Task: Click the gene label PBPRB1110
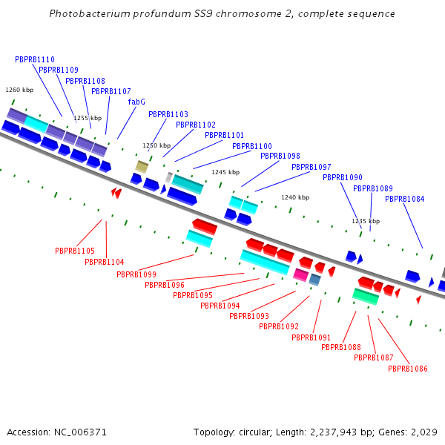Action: pyautogui.click(x=35, y=59)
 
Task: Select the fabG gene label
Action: pyautogui.click(x=136, y=102)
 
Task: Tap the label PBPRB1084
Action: pyautogui.click(x=405, y=199)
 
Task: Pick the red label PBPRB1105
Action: pyautogui.click(x=75, y=251)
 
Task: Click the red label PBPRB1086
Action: pyautogui.click(x=408, y=369)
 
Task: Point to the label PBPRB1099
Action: pyautogui.click(x=136, y=274)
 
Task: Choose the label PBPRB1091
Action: pyautogui.click(x=311, y=337)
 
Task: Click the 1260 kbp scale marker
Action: pyautogui.click(x=19, y=90)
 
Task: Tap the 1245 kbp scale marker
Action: pyautogui.click(x=225, y=172)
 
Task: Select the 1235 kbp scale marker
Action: pyautogui.click(x=366, y=221)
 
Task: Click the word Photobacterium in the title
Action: pyautogui.click(x=85, y=14)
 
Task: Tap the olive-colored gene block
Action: pyautogui.click(x=142, y=166)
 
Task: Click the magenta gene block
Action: pyautogui.click(x=300, y=274)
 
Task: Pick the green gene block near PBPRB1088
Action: pyautogui.click(x=366, y=297)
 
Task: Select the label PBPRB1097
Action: pyautogui.click(x=311, y=167)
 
